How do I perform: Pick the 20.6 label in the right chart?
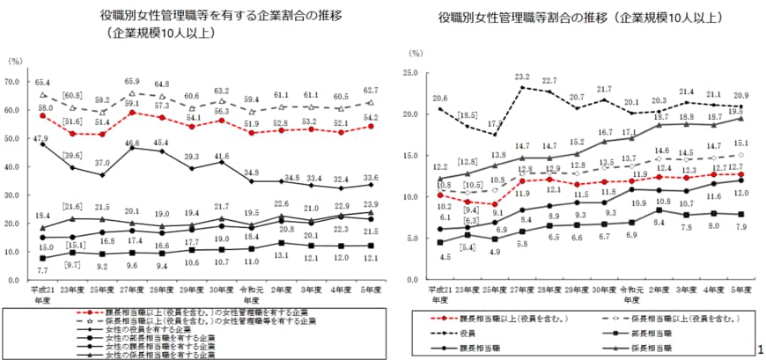(x=440, y=98)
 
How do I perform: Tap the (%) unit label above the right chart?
(x=417, y=55)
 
